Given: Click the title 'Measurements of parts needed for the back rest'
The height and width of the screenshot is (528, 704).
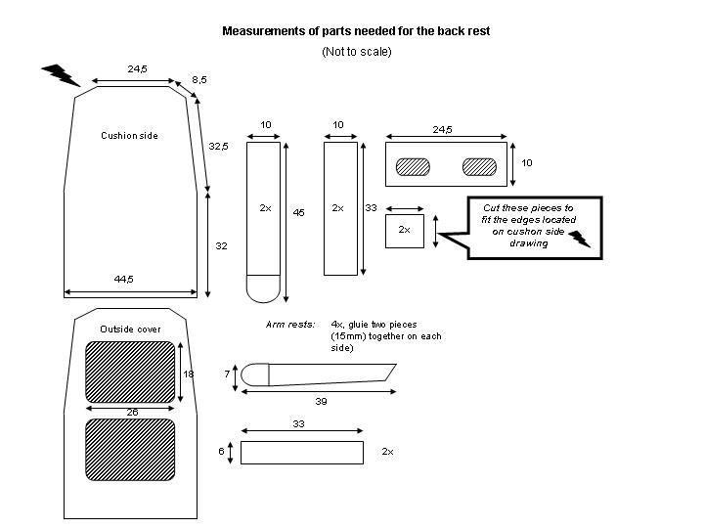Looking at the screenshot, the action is click(x=356, y=31).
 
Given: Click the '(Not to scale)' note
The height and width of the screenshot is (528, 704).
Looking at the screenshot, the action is click(x=357, y=52).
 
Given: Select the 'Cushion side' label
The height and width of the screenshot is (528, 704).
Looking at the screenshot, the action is click(x=129, y=136).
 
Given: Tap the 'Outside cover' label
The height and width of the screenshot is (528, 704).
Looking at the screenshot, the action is click(x=130, y=330).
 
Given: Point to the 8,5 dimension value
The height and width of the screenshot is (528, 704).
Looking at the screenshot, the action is click(x=199, y=79).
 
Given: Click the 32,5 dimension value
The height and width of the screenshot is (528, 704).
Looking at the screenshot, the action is click(x=218, y=146).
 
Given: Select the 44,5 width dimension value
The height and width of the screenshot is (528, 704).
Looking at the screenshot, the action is click(x=123, y=279).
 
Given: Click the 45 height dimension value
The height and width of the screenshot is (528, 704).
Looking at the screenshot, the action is click(x=298, y=212).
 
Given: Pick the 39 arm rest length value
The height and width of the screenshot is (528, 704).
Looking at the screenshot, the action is click(x=321, y=402).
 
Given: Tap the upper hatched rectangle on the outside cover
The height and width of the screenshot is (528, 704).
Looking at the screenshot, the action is click(x=130, y=373).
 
